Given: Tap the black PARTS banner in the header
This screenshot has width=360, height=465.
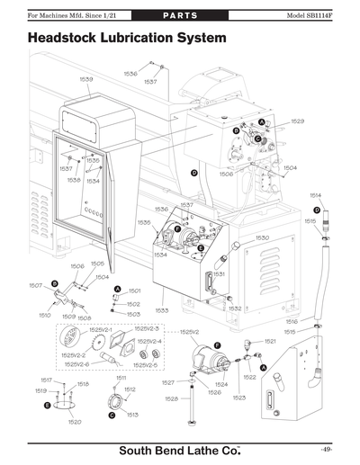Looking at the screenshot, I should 180,16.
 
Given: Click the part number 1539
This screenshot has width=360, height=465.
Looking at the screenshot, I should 86,80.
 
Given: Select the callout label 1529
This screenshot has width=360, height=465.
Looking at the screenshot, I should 297,121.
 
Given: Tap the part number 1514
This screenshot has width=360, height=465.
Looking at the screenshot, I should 316,195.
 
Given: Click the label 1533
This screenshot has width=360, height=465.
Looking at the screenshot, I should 162,309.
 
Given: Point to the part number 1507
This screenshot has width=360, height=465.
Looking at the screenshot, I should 36,286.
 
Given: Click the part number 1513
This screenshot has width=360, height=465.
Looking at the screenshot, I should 131,415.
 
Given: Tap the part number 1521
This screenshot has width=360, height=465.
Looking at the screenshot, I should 270,342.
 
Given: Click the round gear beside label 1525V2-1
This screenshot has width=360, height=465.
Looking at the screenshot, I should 69,344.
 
